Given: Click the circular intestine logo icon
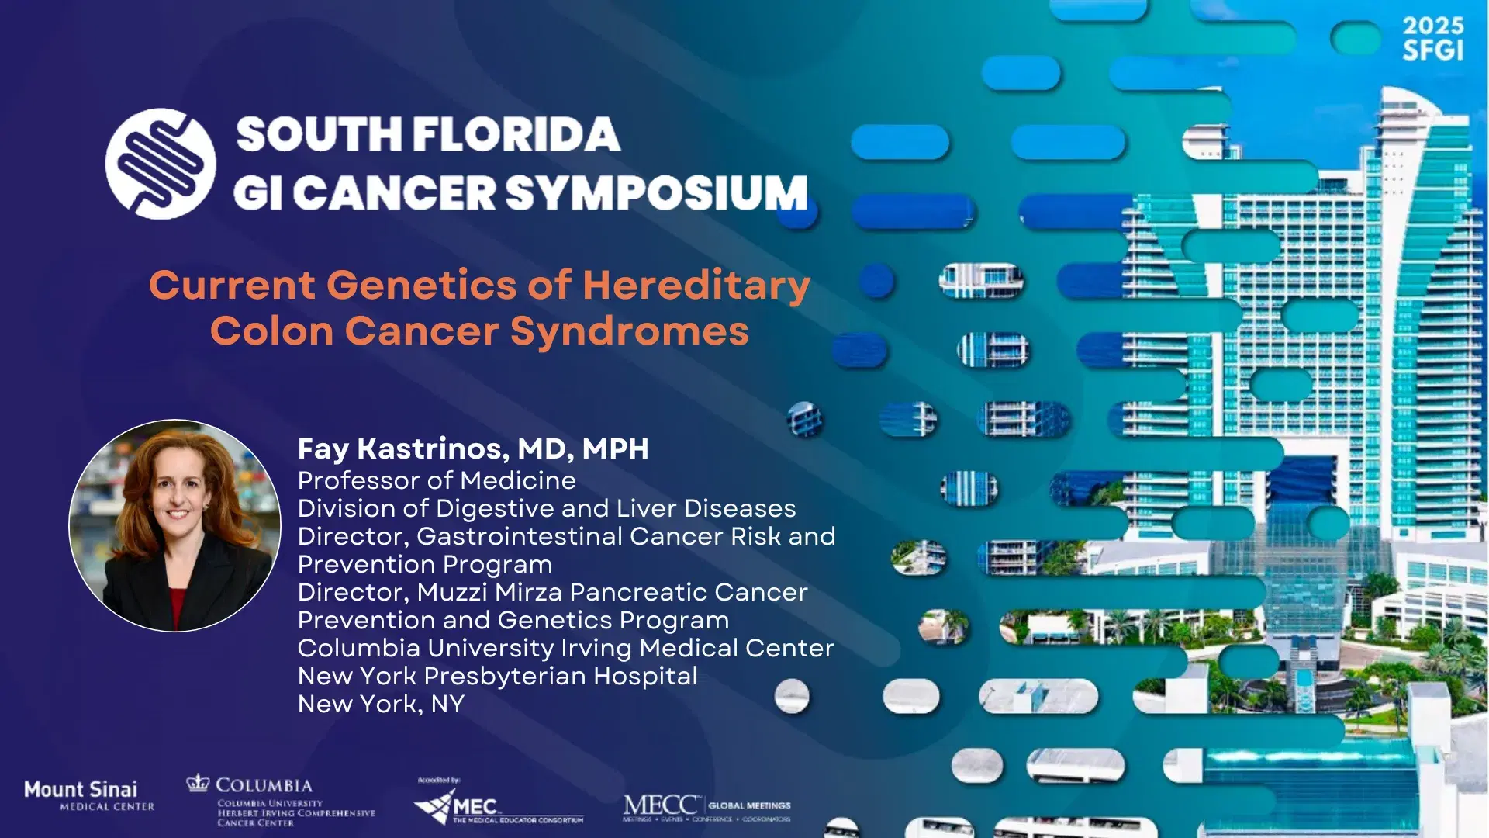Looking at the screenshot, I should pos(161,164).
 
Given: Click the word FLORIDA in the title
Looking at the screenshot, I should pos(516,134).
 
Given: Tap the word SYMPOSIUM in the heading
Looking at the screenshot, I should pos(658,193).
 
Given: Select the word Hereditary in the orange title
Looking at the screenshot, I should pos(696,285).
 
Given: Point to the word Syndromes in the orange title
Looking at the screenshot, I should pos(629,331).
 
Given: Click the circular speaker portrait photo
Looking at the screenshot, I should pos(175,525).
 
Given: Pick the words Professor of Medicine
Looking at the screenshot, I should pos(437,480).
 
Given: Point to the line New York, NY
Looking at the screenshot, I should pos(381,704).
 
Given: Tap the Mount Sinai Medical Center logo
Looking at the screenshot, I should pos(88,795).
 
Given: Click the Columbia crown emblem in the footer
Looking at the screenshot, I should pos(199,783).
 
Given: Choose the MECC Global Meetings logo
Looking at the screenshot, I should pos(706,807).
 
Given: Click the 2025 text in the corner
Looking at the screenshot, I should pos(1432,26).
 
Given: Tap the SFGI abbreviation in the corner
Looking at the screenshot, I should pos(1432,51).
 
